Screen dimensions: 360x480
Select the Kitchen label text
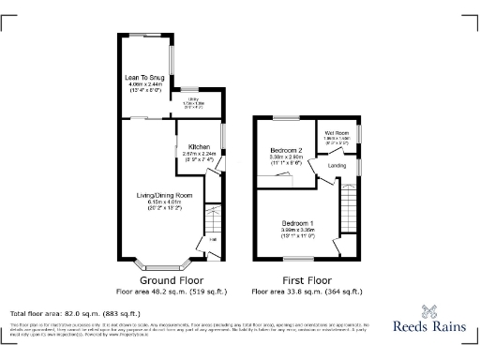tap(199, 147)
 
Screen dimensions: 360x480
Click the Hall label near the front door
tap(212, 240)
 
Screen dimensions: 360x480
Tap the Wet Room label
tap(337, 132)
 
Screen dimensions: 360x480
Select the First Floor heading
tap(307, 279)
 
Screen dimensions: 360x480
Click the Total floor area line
tap(75, 312)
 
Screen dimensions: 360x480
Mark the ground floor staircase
tap(213, 219)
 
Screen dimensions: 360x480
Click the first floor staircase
tap(351, 207)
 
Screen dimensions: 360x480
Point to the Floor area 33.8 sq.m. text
tap(307, 292)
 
